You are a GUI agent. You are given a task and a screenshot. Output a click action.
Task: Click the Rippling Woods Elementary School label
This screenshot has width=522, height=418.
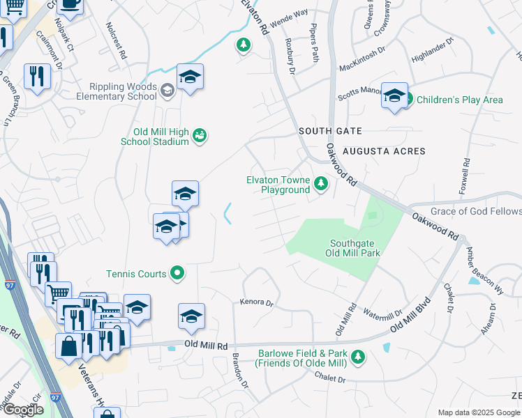(x=122, y=91)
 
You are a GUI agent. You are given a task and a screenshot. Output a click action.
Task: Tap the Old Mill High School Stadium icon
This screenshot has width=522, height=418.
(x=200, y=135)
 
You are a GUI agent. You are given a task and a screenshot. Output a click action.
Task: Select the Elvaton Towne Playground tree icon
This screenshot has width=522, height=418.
(x=320, y=184)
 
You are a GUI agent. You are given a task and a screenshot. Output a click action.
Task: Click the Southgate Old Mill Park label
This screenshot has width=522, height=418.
(x=355, y=248)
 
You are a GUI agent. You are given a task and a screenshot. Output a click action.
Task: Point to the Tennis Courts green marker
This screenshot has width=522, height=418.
(x=177, y=274)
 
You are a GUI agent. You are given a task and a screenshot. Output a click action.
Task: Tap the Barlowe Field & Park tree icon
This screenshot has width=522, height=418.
(x=358, y=357)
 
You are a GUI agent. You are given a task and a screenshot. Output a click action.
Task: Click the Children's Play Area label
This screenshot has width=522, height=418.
(x=459, y=100)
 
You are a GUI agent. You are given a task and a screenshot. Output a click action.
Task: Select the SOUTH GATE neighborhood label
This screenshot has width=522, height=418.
(x=330, y=131)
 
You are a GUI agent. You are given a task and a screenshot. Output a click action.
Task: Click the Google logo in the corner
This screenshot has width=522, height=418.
(x=23, y=410)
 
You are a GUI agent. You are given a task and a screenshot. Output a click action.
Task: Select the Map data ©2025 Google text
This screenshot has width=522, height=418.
(x=479, y=412)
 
